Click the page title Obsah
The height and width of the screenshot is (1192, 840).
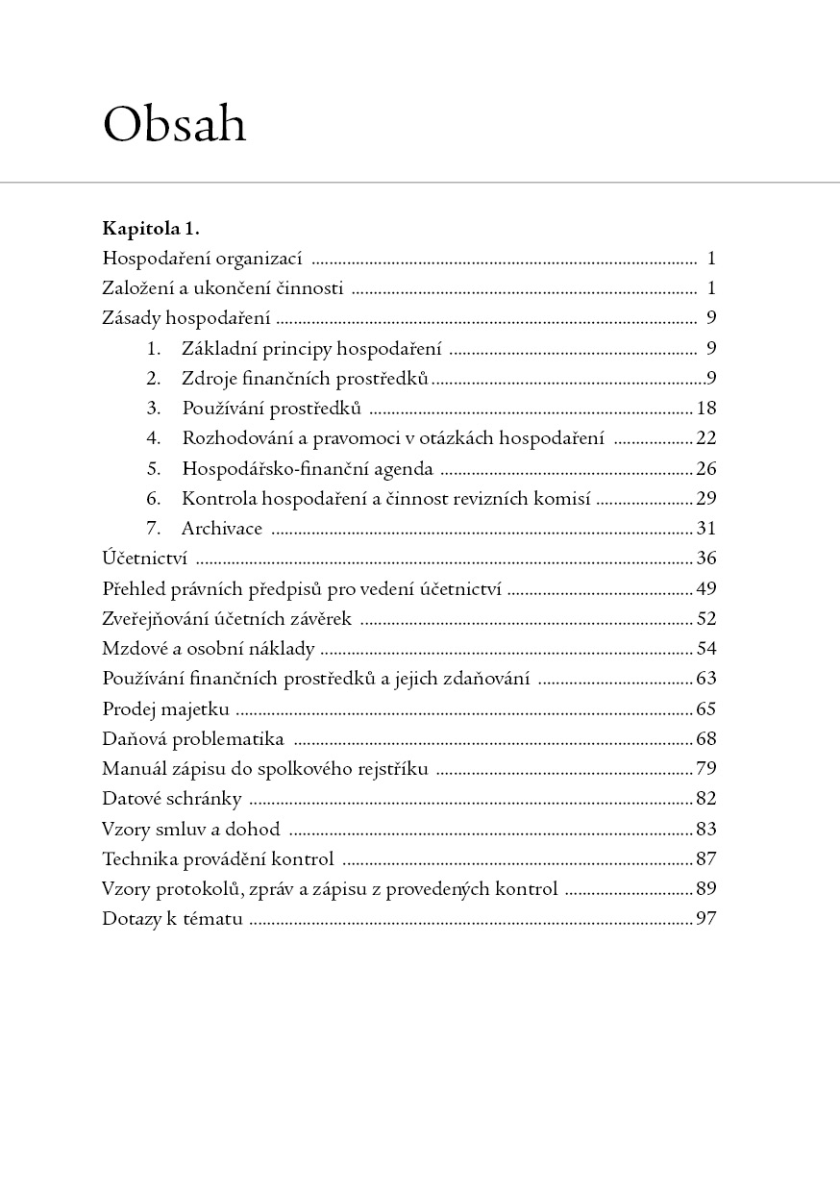pos(174,124)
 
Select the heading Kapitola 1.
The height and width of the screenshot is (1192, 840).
pos(150,229)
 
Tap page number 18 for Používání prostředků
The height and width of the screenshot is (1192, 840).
pos(706,409)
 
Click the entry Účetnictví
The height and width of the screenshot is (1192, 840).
pos(144,559)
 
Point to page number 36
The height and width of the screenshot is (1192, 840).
pos(706,559)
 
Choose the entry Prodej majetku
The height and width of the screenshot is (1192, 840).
pos(165,709)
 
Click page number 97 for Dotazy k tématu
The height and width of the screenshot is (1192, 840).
pos(706,919)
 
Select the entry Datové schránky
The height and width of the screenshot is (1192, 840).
pos(171,799)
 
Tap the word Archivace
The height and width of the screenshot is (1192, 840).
pos(221,529)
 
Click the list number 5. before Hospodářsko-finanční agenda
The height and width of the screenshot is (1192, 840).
pos(153,469)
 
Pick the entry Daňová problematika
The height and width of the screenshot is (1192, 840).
pos(192,739)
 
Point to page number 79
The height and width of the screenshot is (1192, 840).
pos(706,769)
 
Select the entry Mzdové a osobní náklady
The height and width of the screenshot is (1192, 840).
pos(208,649)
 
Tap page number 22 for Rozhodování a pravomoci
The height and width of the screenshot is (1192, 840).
pos(706,438)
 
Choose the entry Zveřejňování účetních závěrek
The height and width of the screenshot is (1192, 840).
pos(227,619)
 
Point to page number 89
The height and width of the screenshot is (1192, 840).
pos(706,889)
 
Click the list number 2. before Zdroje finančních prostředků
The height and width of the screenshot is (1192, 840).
pos(153,379)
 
